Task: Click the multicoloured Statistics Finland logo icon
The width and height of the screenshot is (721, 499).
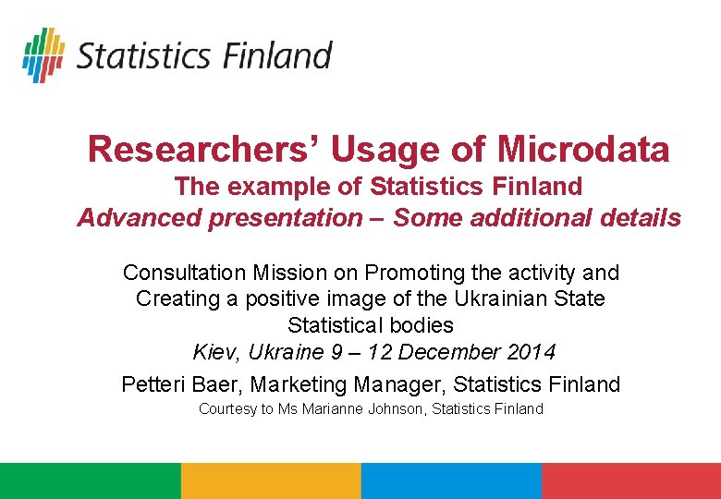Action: click(43, 55)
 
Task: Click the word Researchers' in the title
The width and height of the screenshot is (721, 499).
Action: click(197, 150)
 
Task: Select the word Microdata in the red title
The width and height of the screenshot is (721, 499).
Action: click(583, 150)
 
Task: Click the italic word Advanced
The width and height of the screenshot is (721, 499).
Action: click(140, 218)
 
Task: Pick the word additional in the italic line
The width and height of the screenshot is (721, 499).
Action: click(531, 217)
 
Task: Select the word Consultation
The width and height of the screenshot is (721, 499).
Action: click(184, 273)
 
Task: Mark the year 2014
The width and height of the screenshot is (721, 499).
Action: click(532, 352)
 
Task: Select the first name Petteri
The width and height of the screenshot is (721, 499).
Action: click(153, 384)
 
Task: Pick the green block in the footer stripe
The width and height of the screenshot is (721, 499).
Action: click(91, 481)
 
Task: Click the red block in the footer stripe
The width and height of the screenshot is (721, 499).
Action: click(631, 481)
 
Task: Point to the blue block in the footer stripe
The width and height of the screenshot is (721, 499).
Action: click(451, 481)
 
